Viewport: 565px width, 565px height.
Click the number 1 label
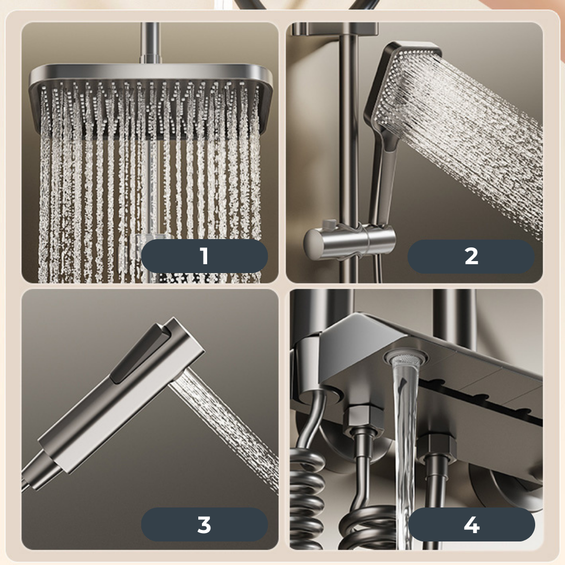tap(205, 256)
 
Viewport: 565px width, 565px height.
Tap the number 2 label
tap(471, 256)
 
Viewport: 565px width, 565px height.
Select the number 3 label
tap(205, 524)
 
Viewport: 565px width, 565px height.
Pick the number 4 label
tap(471, 525)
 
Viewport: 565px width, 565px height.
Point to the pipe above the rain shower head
tap(150, 43)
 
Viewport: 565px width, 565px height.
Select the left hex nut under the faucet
tap(361, 418)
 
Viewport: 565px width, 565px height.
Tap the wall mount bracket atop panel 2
tap(335, 29)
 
